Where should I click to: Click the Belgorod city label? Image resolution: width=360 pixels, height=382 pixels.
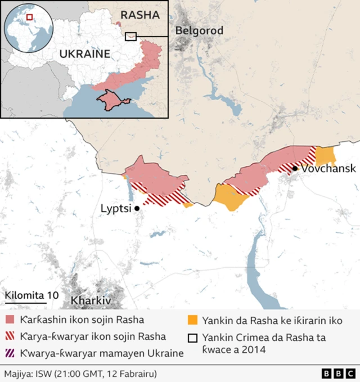[x=199, y=30]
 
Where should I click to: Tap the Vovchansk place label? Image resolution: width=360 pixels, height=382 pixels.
[x=328, y=168]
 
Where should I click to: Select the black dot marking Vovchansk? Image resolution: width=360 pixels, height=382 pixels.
[x=295, y=168]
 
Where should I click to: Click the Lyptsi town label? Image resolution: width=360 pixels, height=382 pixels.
[x=116, y=208]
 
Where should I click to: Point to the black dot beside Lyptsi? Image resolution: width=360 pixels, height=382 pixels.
[x=137, y=208]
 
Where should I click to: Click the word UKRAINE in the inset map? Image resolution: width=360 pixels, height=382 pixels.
[x=85, y=55]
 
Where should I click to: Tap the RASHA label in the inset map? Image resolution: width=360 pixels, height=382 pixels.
[x=141, y=15]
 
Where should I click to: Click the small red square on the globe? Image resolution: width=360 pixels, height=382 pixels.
[x=30, y=17]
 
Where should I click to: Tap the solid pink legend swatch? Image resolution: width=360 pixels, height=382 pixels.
[x=10, y=320]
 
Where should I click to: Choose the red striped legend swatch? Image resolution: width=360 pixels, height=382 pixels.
[x=10, y=337]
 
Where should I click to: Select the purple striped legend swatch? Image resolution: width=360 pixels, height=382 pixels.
[x=10, y=354]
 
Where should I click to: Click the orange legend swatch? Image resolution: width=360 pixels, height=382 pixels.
[x=192, y=320]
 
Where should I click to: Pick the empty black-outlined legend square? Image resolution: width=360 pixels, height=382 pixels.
[x=192, y=338]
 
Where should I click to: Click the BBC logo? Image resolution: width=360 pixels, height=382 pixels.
[x=338, y=374]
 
